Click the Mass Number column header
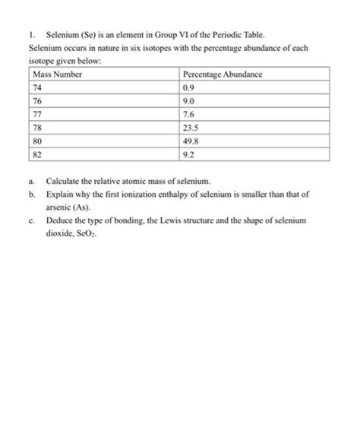point(58,74)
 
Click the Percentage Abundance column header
point(223,74)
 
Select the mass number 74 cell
point(39,87)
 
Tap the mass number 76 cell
point(39,100)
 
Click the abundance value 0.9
point(191,87)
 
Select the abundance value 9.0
point(191,100)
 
